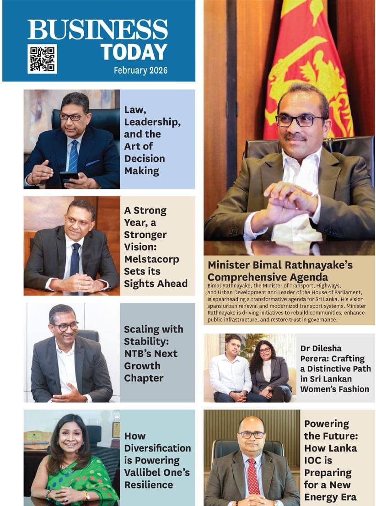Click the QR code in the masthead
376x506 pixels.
coord(42,59)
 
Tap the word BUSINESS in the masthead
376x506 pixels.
coord(97,30)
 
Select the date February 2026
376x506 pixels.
coord(140,70)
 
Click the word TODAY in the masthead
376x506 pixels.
coord(134,52)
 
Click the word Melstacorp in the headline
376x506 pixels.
coord(151,259)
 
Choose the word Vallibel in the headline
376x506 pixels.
coord(141,473)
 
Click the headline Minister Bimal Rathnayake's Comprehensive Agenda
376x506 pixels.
coord(280,271)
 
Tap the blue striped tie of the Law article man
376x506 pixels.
coord(73,156)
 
